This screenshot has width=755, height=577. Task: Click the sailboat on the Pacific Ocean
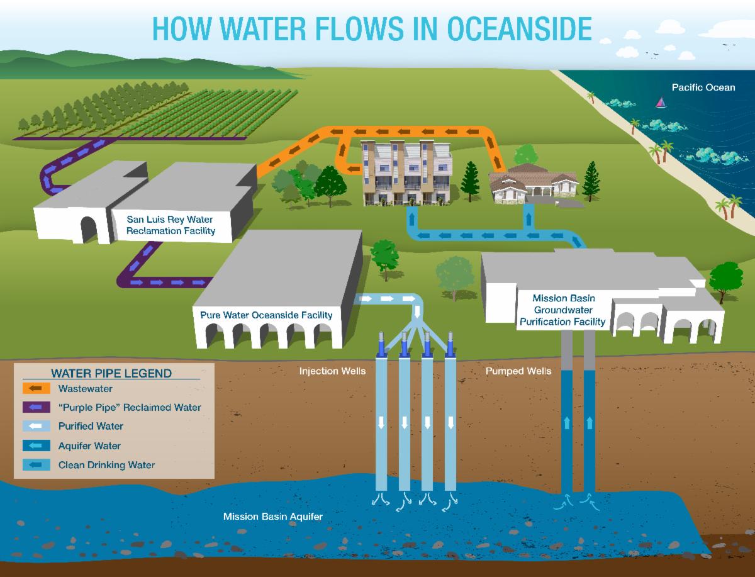(x=661, y=101)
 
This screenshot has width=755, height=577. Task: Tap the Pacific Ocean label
(x=703, y=87)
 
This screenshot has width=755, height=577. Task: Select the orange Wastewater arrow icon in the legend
(x=35, y=388)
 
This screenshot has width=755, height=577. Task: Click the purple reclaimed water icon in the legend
(x=35, y=407)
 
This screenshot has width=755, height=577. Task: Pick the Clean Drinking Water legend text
(x=106, y=465)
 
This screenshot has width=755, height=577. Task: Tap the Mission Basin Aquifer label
(x=272, y=517)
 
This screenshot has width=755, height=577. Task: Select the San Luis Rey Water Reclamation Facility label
(x=170, y=225)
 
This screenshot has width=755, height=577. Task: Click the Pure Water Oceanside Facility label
(x=266, y=314)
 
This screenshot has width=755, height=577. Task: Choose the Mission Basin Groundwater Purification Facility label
(x=563, y=310)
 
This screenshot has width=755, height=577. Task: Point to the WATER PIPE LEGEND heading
(x=111, y=373)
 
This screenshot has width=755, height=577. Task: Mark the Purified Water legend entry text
(x=91, y=426)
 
